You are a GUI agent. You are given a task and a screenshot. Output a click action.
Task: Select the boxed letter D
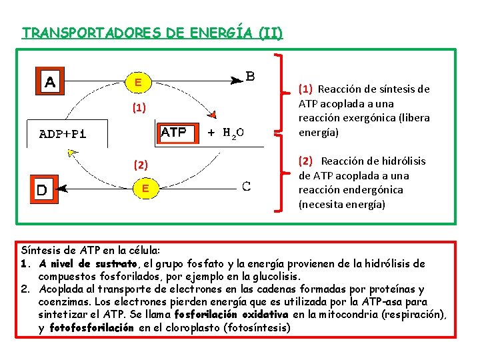coord(41,190)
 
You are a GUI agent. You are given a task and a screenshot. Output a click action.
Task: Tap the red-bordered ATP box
coord(174,133)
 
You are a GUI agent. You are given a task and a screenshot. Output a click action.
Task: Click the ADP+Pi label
coord(63,133)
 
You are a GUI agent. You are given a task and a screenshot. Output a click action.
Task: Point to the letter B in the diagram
coord(250,76)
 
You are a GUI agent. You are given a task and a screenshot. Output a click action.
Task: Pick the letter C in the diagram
coord(246,186)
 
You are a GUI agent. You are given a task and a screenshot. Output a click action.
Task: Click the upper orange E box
coord(137,83)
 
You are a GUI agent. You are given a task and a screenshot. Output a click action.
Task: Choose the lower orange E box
coord(145,189)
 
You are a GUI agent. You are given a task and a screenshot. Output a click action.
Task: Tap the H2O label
coord(233,133)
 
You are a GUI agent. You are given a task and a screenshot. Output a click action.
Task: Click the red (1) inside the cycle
coord(138,107)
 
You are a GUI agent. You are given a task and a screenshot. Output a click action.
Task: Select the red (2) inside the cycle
coord(141,165)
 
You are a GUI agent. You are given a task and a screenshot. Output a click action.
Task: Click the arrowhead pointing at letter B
coord(237,79)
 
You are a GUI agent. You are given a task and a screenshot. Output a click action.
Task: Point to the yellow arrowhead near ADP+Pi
coord(73,153)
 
